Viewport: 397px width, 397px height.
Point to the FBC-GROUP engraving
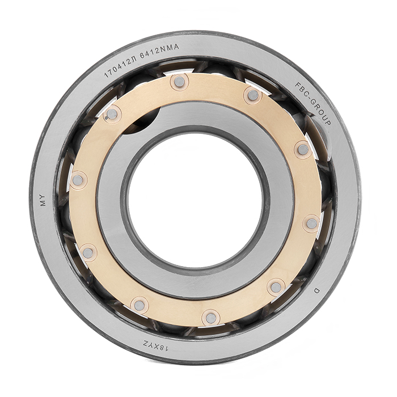point(313,103)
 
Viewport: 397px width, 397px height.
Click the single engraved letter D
point(316,290)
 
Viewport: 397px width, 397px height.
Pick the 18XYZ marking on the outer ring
point(155,346)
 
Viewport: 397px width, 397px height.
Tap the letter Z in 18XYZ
point(146,344)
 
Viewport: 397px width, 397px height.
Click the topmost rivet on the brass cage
point(180,82)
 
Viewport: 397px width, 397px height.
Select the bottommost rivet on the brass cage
point(211,318)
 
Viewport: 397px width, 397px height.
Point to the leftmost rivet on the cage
point(78,180)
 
